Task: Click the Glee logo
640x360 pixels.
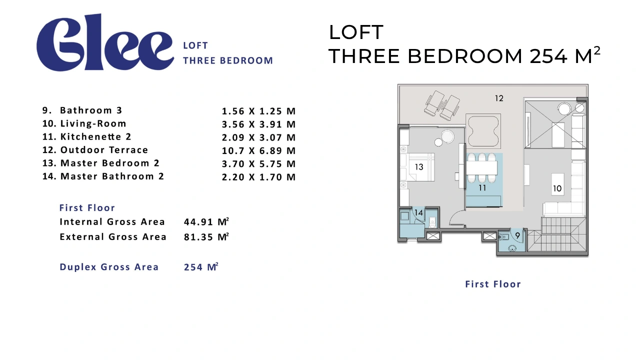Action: pyautogui.click(x=105, y=42)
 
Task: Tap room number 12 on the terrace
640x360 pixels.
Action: pyautogui.click(x=499, y=98)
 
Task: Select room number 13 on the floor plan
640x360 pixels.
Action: pyautogui.click(x=419, y=167)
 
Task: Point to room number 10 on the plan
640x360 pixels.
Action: pyautogui.click(x=557, y=188)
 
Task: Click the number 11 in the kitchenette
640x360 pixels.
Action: pyautogui.click(x=482, y=187)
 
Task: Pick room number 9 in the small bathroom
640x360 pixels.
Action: pyautogui.click(x=517, y=235)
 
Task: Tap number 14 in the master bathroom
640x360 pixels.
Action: pyautogui.click(x=418, y=212)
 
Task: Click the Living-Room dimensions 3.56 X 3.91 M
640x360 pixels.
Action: pyautogui.click(x=258, y=124)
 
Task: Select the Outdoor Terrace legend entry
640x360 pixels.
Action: pyautogui.click(x=95, y=150)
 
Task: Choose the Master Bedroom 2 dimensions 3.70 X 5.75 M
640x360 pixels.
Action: pyautogui.click(x=258, y=163)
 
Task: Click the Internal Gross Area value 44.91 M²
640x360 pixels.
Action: pyautogui.click(x=206, y=221)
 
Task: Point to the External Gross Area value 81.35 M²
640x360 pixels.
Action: pyautogui.click(x=206, y=237)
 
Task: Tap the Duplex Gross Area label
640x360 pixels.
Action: pyautogui.click(x=109, y=267)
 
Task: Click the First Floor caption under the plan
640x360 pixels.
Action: pyautogui.click(x=493, y=284)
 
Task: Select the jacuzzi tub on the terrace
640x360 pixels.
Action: pyautogui.click(x=483, y=131)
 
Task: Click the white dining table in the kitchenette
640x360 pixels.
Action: pyautogui.click(x=482, y=168)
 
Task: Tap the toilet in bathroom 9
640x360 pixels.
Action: pyautogui.click(x=504, y=236)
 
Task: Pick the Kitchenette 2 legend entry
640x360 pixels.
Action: pyautogui.click(x=87, y=137)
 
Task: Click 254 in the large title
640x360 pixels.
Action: pyautogui.click(x=548, y=56)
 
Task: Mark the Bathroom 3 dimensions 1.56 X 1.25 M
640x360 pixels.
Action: pyautogui.click(x=258, y=111)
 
